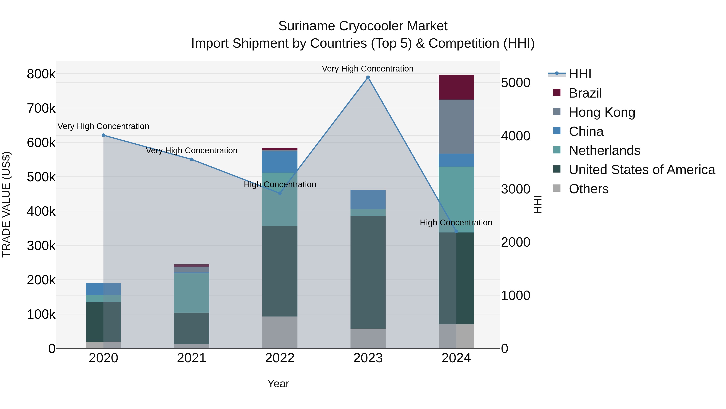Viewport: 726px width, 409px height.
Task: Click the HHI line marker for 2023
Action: click(368, 77)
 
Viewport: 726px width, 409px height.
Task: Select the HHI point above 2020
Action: click(103, 135)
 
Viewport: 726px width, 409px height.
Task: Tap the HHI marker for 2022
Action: click(280, 193)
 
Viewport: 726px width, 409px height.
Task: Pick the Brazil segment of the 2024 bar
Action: click(456, 87)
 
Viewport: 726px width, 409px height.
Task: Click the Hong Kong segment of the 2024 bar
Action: click(456, 126)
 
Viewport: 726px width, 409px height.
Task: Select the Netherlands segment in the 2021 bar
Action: click(192, 293)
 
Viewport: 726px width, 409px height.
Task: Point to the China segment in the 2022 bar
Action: click(280, 162)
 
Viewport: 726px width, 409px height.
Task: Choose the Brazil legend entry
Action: click(585, 93)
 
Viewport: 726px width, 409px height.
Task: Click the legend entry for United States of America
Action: click(642, 170)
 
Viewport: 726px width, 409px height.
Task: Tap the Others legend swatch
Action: click(557, 188)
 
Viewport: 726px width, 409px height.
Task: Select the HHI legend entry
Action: click(580, 74)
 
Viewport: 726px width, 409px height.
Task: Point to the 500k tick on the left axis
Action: click(41, 177)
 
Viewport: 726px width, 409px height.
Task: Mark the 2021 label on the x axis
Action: click(192, 358)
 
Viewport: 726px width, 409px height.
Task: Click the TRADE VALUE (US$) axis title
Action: click(6, 204)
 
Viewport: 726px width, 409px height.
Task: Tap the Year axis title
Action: click(278, 384)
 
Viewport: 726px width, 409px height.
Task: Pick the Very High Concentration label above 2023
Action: click(367, 69)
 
